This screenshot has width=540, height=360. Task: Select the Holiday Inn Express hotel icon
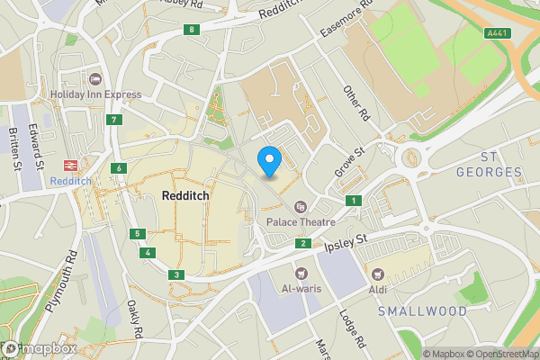[96, 78]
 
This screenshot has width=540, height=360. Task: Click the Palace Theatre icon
[300, 206]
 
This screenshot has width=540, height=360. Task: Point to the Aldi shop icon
[377, 274]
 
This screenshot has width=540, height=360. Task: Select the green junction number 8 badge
[192, 30]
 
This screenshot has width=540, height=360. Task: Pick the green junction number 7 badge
[113, 120]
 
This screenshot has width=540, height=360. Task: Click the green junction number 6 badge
[119, 168]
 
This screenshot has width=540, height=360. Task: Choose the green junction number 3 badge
[177, 274]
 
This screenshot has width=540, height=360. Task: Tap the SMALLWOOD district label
[422, 310]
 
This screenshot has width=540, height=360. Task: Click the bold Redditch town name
[187, 195]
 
